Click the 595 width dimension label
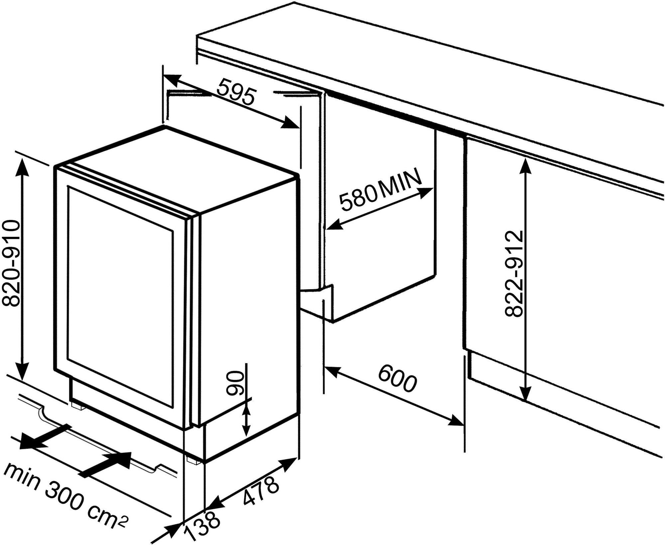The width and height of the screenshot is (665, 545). (x=236, y=92)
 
